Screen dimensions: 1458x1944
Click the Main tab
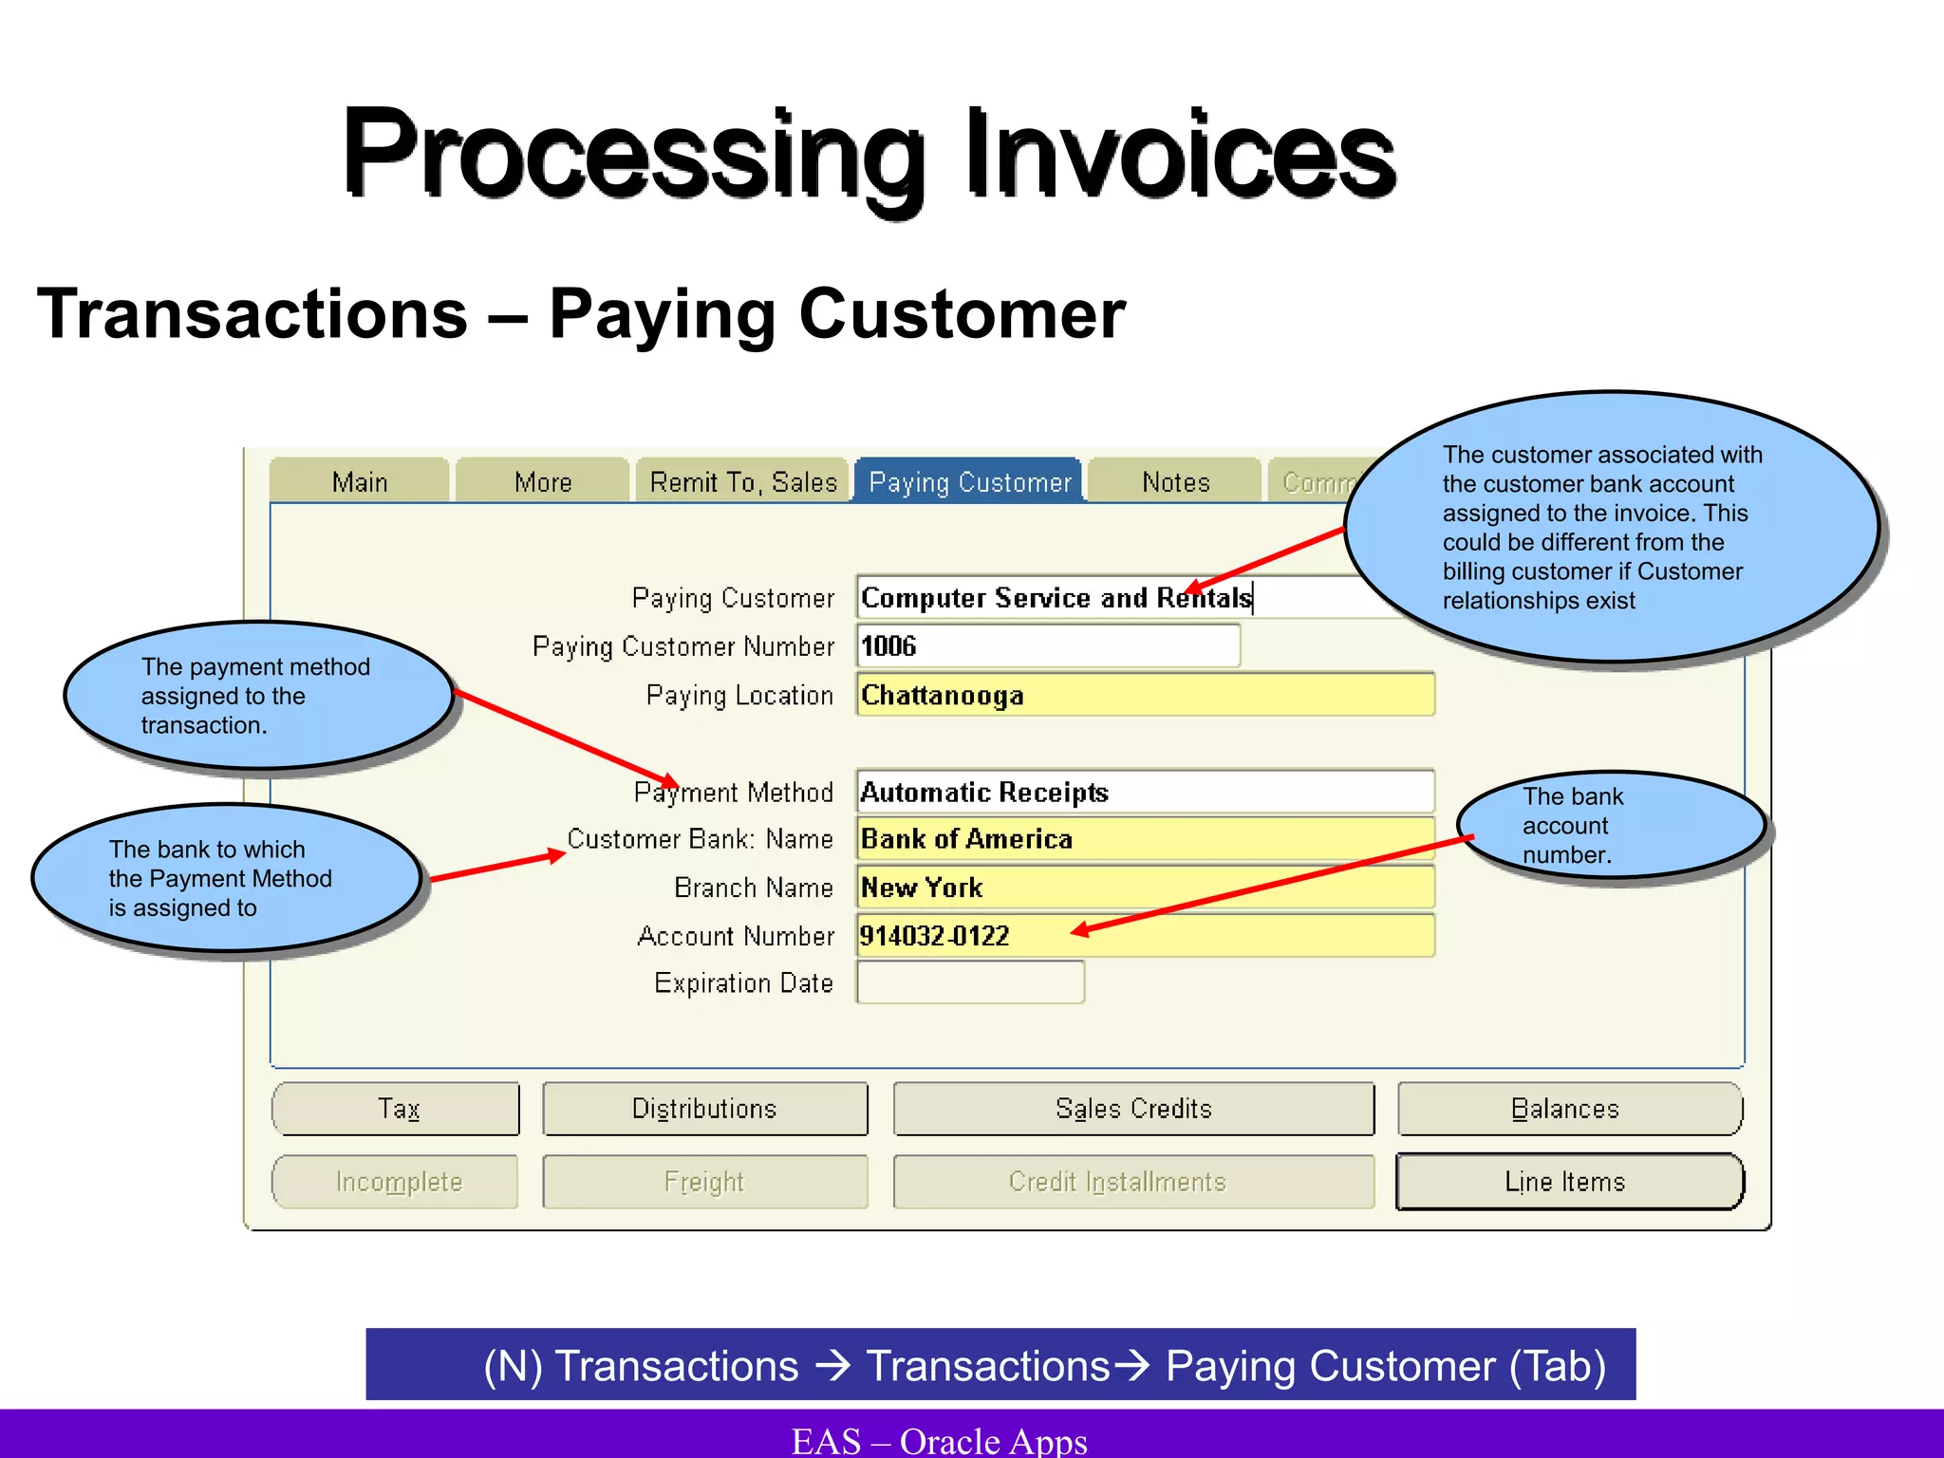click(359, 481)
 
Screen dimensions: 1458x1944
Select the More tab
click(543, 481)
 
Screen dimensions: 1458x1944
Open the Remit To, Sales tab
click(742, 481)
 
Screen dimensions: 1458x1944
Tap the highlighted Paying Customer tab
click(969, 481)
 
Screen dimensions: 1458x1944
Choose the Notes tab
click(1175, 481)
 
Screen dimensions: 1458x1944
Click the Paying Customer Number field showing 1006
click(1048, 645)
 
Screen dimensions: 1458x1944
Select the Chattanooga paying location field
click(1145, 695)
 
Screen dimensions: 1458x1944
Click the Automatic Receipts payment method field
click(1145, 792)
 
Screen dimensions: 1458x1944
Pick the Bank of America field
click(1145, 839)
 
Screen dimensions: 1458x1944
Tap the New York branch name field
click(1145, 888)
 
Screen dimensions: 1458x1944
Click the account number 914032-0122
click(935, 936)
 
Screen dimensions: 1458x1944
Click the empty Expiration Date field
click(970, 982)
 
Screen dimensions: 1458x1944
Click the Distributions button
click(704, 1109)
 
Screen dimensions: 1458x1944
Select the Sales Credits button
click(1133, 1109)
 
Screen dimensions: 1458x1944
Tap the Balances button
click(1568, 1109)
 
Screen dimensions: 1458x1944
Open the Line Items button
click(1568, 1182)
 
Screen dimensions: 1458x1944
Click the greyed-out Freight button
click(704, 1182)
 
